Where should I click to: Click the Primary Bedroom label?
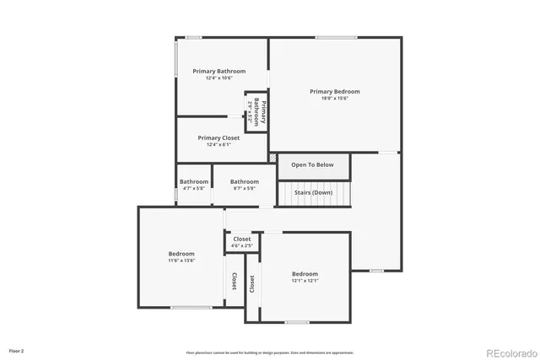(x=334, y=91)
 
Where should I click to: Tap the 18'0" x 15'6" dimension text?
(x=334, y=99)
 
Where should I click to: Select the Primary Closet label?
(x=219, y=137)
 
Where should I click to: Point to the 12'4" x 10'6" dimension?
(x=219, y=78)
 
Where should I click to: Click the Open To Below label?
(x=312, y=165)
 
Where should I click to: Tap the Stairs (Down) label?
(x=312, y=192)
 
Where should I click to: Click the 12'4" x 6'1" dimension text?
(x=219, y=145)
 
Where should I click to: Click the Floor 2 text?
(x=16, y=350)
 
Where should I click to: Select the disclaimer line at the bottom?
(x=270, y=352)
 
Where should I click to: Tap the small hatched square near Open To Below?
(x=273, y=157)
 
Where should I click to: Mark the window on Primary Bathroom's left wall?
(x=176, y=59)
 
